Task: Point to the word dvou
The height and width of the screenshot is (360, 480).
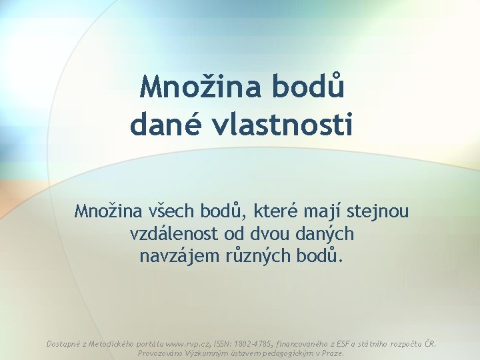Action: [280, 234]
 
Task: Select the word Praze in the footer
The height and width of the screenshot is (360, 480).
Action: [330, 353]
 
